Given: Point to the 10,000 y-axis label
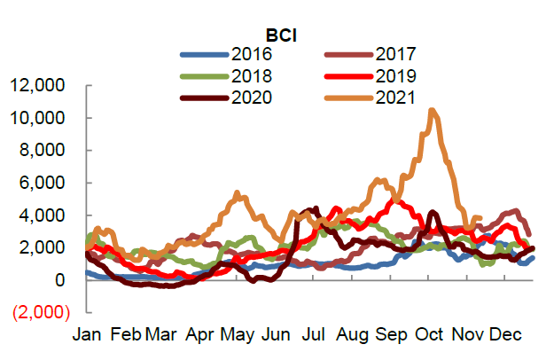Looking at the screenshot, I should coord(40,118).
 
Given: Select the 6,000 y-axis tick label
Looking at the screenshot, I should coord(44,183).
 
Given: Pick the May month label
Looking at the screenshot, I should coord(238,335).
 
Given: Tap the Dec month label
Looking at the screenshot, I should coord(505,335).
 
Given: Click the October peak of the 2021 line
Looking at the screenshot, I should coord(431,111).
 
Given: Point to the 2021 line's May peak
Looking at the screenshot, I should coord(237,192).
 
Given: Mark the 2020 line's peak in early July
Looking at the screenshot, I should coord(313,209).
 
